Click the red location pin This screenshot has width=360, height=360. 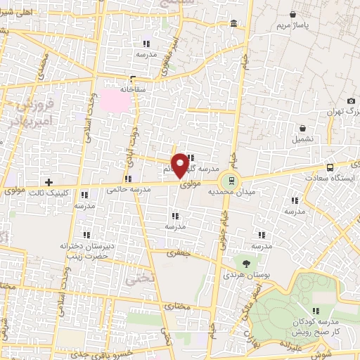tap(181, 165)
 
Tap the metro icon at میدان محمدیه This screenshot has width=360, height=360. tap(233, 178)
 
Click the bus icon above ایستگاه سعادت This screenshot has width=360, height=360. tap(330, 167)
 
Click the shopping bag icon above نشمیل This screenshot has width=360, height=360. tap(302, 129)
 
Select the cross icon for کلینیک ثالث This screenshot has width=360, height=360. tap(49, 183)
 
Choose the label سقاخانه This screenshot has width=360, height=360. tap(131, 90)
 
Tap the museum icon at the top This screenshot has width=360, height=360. tap(233, 25)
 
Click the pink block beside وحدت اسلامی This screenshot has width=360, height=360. tap(115, 101)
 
